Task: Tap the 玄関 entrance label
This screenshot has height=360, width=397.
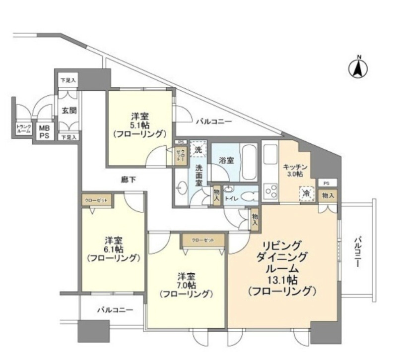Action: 68,110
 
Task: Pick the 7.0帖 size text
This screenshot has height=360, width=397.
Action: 186,285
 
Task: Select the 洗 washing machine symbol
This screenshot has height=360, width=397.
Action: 198,148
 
